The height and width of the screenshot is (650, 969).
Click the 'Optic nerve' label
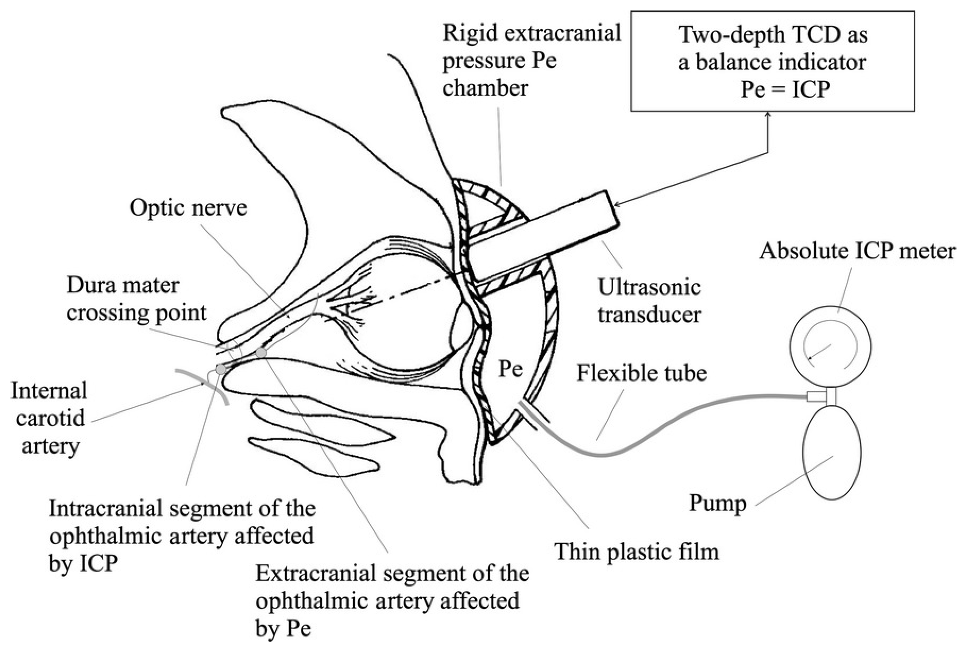(x=188, y=207)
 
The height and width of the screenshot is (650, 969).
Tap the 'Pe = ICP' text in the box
(x=785, y=90)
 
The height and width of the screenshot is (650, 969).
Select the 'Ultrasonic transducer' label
(x=649, y=301)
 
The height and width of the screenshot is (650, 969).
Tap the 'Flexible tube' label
(x=641, y=373)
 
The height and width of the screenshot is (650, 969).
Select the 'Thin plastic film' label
(x=637, y=552)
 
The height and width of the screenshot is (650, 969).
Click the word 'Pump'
(x=717, y=503)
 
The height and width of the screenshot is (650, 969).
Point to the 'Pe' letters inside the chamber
(x=510, y=368)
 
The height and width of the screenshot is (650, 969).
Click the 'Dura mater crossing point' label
(x=136, y=299)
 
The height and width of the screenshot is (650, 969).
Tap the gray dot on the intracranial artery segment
(x=221, y=369)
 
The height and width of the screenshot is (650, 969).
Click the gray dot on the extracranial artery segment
(x=261, y=353)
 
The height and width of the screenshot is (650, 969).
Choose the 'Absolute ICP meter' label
(x=857, y=251)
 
